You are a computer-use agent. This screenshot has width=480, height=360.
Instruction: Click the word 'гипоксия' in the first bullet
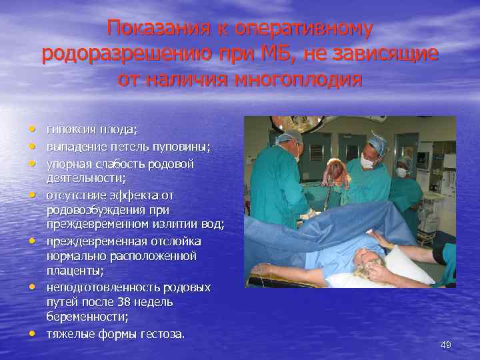click(x=67, y=129)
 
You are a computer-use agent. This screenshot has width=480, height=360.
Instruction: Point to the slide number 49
click(x=446, y=345)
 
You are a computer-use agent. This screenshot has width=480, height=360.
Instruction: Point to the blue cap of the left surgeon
click(x=289, y=137)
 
